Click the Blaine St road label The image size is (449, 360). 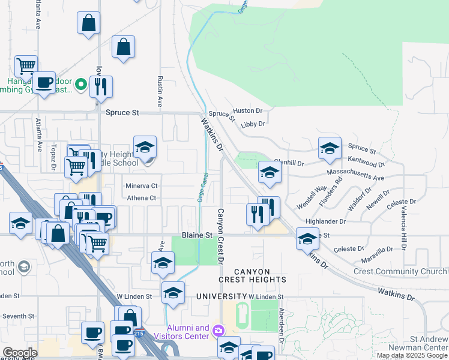(198, 236)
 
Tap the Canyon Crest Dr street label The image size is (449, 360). (220, 236)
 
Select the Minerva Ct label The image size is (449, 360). (141, 186)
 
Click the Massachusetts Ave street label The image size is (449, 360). (355, 175)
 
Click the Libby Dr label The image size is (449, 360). (253, 124)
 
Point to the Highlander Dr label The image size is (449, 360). (326, 221)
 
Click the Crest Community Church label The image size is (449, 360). (400, 272)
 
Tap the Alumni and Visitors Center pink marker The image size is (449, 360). (218, 331)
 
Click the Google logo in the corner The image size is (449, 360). (20, 353)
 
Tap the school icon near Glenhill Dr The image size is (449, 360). (270, 172)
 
